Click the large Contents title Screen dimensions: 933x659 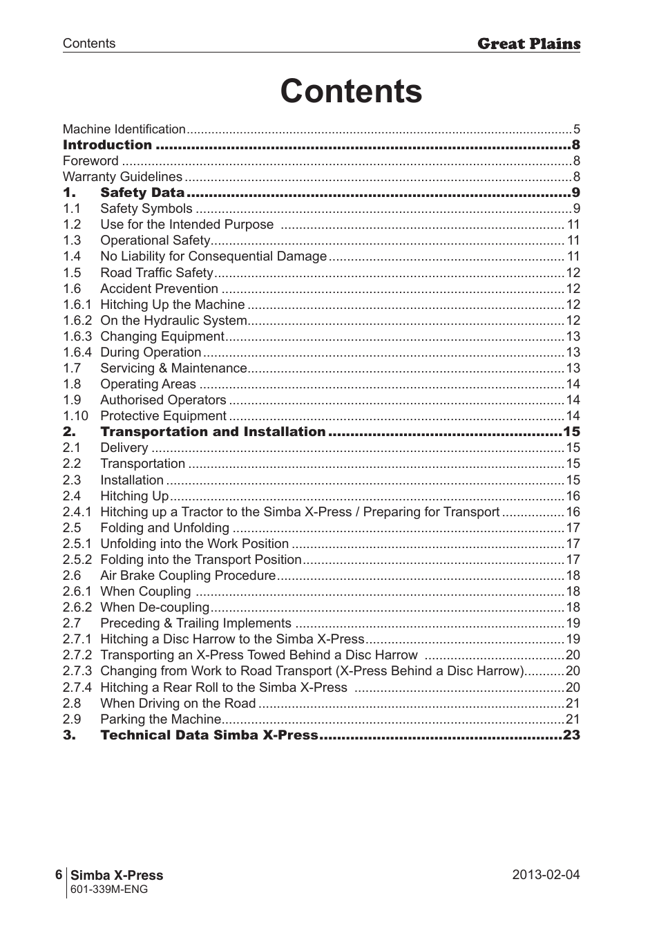coord(351,92)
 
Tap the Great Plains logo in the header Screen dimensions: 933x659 coord(528,44)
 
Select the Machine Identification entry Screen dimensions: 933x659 coord(124,129)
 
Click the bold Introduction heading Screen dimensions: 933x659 coord(107,145)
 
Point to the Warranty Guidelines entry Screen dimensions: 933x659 coord(122,177)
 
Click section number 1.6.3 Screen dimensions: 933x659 coord(77,337)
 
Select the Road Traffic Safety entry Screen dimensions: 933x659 coord(157,273)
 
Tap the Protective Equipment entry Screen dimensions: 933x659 coord(163,416)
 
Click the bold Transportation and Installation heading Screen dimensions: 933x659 coord(213,432)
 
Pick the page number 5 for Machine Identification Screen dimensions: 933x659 coord(576,129)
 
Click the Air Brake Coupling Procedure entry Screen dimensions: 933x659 coord(188,576)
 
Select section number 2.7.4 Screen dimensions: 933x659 coord(77,688)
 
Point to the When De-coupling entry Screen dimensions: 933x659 coord(155,607)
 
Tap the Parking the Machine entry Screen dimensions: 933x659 coord(161,719)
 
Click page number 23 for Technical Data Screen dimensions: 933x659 coord(571,735)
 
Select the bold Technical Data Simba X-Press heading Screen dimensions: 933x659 coord(209,735)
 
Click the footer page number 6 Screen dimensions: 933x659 coord(59,875)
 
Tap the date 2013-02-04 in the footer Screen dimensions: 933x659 coord(546,875)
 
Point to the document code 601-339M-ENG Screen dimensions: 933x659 coord(109,889)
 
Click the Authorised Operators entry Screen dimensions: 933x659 coord(163,400)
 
